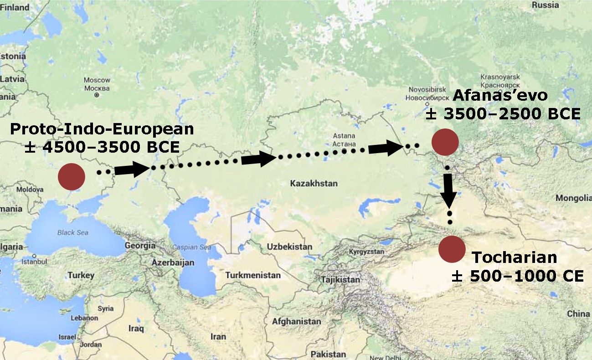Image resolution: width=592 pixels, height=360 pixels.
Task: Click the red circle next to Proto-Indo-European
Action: (72, 177)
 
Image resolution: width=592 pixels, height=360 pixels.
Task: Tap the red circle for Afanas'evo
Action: (445, 142)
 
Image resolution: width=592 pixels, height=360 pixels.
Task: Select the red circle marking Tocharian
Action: (452, 249)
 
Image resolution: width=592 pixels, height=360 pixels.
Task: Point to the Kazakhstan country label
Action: (314, 184)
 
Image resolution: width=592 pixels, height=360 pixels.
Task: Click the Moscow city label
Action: (97, 80)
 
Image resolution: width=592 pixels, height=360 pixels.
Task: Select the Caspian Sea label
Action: (191, 247)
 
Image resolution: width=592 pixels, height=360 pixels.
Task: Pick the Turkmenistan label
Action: (252, 275)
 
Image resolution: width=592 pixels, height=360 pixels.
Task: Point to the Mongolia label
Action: (573, 198)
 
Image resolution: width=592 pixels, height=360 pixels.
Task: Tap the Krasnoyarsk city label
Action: (500, 77)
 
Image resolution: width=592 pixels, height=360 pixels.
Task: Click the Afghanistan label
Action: (296, 321)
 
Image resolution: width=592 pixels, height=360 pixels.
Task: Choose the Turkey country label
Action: (81, 275)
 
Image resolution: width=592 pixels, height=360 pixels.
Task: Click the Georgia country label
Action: (140, 245)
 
